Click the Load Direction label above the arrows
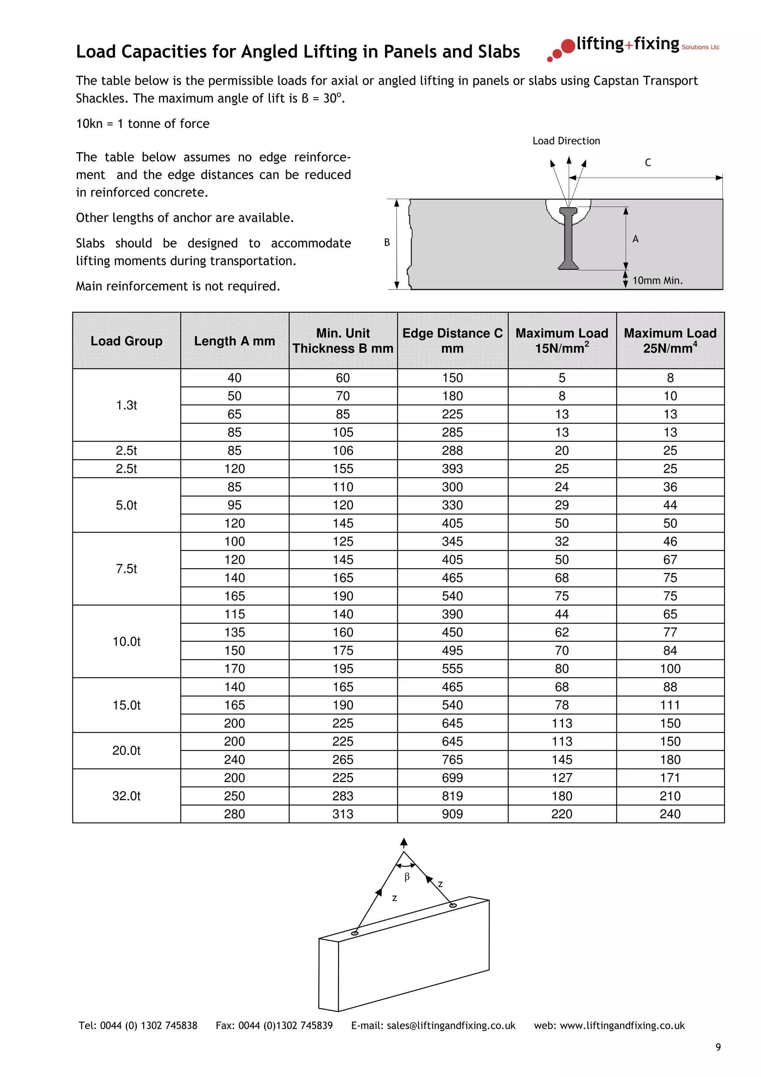[566, 141]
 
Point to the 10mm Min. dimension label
[657, 281]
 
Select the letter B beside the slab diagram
[387, 243]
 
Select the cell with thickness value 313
[343, 814]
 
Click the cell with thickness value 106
[343, 450]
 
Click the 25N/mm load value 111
[670, 705]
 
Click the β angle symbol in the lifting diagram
[407, 877]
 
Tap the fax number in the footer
[274, 1025]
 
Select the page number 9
[718, 1047]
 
